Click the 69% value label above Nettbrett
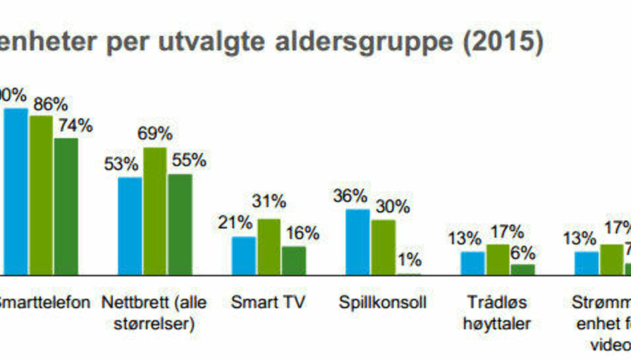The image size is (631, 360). pyautogui.click(x=155, y=134)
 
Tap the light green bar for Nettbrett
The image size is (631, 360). pyautogui.click(x=155, y=210)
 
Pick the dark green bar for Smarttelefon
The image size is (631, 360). pyautogui.click(x=66, y=206)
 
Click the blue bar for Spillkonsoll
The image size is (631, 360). pyautogui.click(x=358, y=241)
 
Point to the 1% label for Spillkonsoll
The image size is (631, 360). pyautogui.click(x=408, y=259)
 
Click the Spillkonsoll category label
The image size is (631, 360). pyautogui.click(x=383, y=303)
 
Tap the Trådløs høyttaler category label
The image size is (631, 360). pyautogui.click(x=497, y=313)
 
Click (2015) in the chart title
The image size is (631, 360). pyautogui.click(x=503, y=43)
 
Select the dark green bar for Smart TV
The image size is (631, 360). pyautogui.click(x=294, y=259)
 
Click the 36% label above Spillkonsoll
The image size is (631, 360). pyautogui.click(x=350, y=196)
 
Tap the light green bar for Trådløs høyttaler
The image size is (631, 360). pyautogui.click(x=498, y=259)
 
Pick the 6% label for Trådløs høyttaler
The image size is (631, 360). pyautogui.click(x=523, y=252)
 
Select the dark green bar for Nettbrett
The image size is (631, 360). pyautogui.click(x=180, y=223)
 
